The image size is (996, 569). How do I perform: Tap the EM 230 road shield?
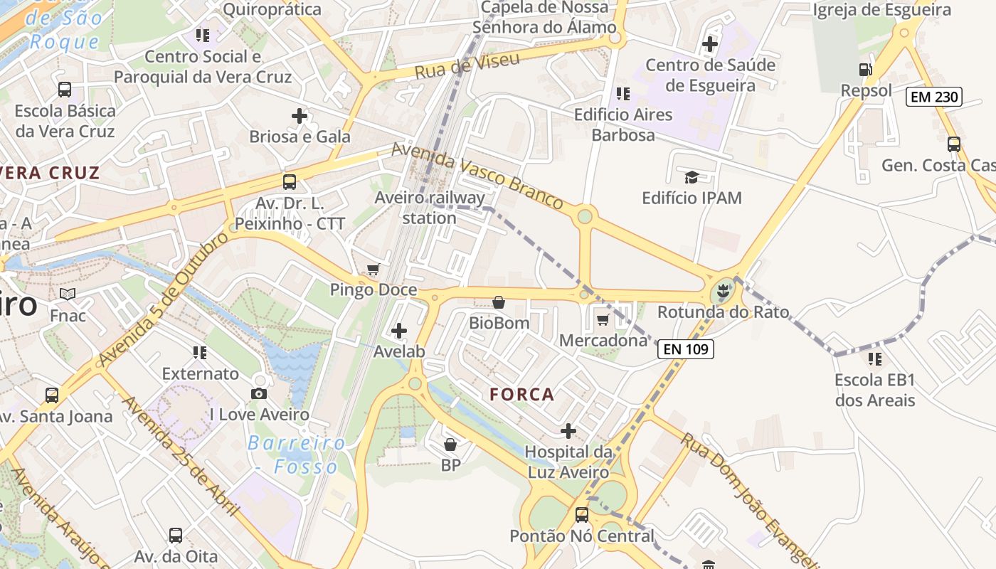click(933, 97)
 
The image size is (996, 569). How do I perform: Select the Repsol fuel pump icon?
click(865, 70)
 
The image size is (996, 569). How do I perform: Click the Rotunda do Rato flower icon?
click(723, 290)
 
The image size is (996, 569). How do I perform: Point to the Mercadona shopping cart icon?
click(603, 319)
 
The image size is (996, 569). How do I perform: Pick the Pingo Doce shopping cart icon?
click(373, 269)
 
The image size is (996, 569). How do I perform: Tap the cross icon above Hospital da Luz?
click(568, 430)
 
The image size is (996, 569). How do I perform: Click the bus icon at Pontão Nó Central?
click(581, 514)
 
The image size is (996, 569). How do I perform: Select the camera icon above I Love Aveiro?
click(259, 393)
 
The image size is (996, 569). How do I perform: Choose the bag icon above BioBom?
click(499, 302)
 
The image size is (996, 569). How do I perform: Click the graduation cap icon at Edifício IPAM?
click(691, 177)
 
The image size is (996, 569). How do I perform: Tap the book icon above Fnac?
click(68, 294)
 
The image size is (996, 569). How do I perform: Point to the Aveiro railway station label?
click(430, 208)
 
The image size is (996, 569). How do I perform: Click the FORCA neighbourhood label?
click(521, 394)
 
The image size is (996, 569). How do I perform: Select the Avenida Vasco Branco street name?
click(478, 176)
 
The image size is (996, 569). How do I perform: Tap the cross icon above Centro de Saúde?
click(709, 44)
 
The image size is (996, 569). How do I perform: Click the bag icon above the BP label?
click(450, 445)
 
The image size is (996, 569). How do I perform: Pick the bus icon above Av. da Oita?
click(176, 535)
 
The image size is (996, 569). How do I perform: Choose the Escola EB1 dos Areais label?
click(875, 390)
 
